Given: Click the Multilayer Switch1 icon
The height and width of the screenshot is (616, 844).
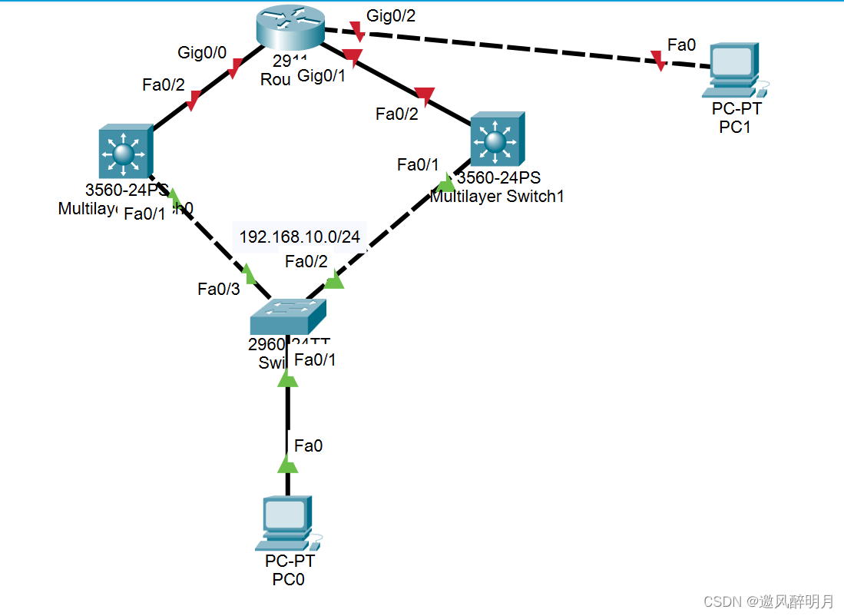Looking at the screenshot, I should pos(497,140).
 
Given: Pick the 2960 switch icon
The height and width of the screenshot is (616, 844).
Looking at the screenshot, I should pos(288,316).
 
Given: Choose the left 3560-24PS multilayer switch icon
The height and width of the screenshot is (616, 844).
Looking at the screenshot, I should pos(125,153).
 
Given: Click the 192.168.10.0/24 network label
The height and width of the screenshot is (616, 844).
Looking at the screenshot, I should pos(300,237).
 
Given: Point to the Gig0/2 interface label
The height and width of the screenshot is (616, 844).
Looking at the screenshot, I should pos(391,15).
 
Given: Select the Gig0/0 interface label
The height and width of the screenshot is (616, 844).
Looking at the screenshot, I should pos(202,53).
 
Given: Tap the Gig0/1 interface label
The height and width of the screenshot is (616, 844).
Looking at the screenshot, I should pos(322,75).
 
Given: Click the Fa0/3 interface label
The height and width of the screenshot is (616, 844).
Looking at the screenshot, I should pos(219,289).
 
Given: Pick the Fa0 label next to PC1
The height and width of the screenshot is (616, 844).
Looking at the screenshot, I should pos(681,46).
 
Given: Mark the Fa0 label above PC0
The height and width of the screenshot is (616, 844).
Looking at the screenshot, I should pos(309,445).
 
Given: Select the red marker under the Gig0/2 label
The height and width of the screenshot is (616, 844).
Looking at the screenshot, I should pos(357,32).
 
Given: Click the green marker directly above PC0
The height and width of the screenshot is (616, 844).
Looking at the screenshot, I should pos(287,464).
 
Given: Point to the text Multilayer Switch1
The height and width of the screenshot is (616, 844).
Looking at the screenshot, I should pos(498,197).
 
